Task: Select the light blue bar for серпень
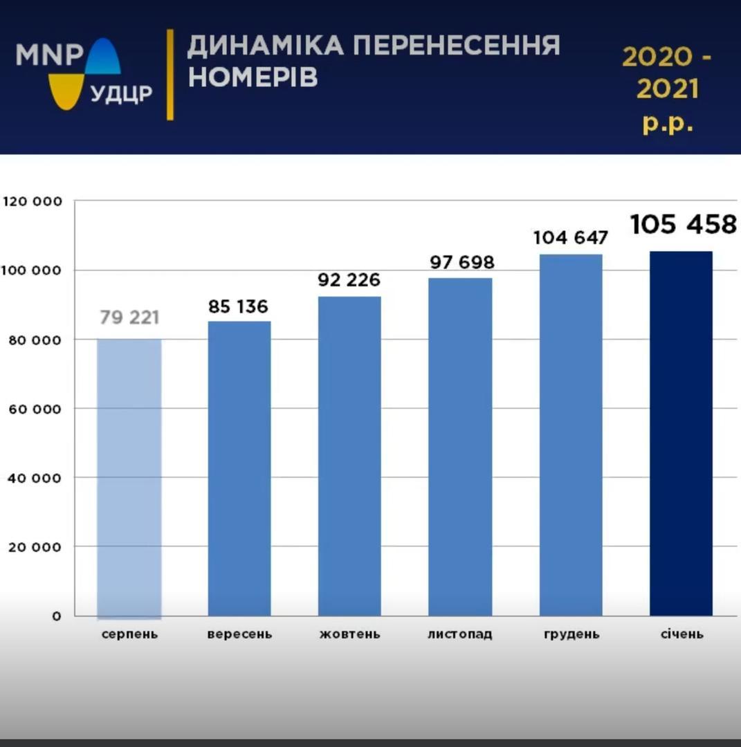coord(129,477)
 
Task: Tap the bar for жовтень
coord(349,456)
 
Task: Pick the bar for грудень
coord(571,435)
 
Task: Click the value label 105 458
coord(683,225)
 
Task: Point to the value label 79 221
coord(129,318)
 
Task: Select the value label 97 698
coord(461,263)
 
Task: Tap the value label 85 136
coord(238,306)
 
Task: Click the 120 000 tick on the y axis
coord(33,201)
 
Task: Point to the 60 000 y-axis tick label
coord(35,409)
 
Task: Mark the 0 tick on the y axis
coord(57,616)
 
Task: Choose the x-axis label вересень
coord(239,634)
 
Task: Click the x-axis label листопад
coord(460,634)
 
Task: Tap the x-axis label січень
coord(681,634)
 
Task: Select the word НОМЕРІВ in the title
coord(253,77)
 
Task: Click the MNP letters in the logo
coord(50,55)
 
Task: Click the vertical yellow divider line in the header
coord(170,74)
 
